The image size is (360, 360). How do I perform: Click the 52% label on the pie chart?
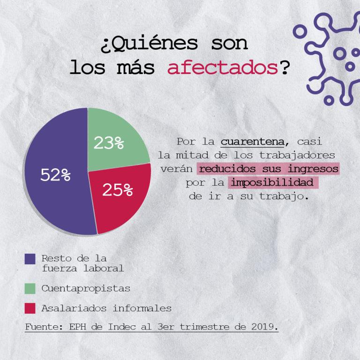tap(55, 175)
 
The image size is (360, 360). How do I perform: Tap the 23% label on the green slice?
tap(108, 143)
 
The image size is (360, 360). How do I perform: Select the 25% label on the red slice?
tap(118, 190)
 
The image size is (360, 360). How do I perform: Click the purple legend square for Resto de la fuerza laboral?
tap(30, 259)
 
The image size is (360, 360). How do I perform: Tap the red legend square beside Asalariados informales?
tap(30, 308)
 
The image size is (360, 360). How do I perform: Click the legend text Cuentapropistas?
tap(86, 288)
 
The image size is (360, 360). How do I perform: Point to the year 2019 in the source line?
tap(262, 326)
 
